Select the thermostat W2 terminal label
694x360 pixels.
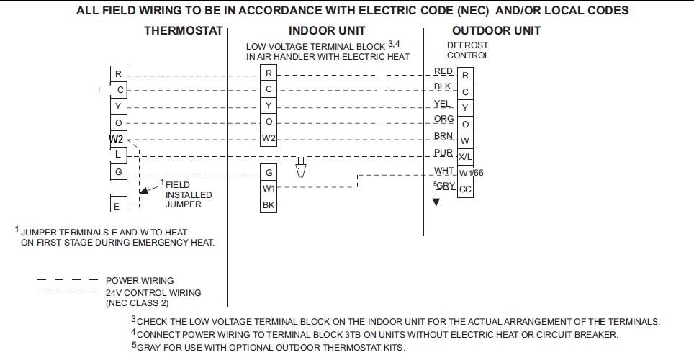pyautogui.click(x=117, y=138)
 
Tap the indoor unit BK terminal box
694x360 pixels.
pyautogui.click(x=269, y=205)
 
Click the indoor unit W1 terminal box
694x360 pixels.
pyautogui.click(x=269, y=189)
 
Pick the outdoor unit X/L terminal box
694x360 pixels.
pyautogui.click(x=465, y=156)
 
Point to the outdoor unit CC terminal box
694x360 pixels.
pyautogui.click(x=465, y=189)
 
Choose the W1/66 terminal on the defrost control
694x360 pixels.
pyautogui.click(x=471, y=173)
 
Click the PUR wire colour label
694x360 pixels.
pyautogui.click(x=443, y=153)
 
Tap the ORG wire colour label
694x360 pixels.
pyautogui.click(x=443, y=119)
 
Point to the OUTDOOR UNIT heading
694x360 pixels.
pyautogui.click(x=497, y=31)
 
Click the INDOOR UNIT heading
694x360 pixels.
pyautogui.click(x=327, y=31)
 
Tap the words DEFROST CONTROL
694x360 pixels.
pyautogui.click(x=468, y=50)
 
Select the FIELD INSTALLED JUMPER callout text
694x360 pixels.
pyautogui.click(x=188, y=194)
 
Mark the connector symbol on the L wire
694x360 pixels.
pyautogui.click(x=302, y=168)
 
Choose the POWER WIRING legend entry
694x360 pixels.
pyautogui.click(x=140, y=281)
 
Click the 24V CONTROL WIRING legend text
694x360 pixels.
pyautogui.click(x=153, y=293)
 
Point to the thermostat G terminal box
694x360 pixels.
pyautogui.click(x=118, y=172)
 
